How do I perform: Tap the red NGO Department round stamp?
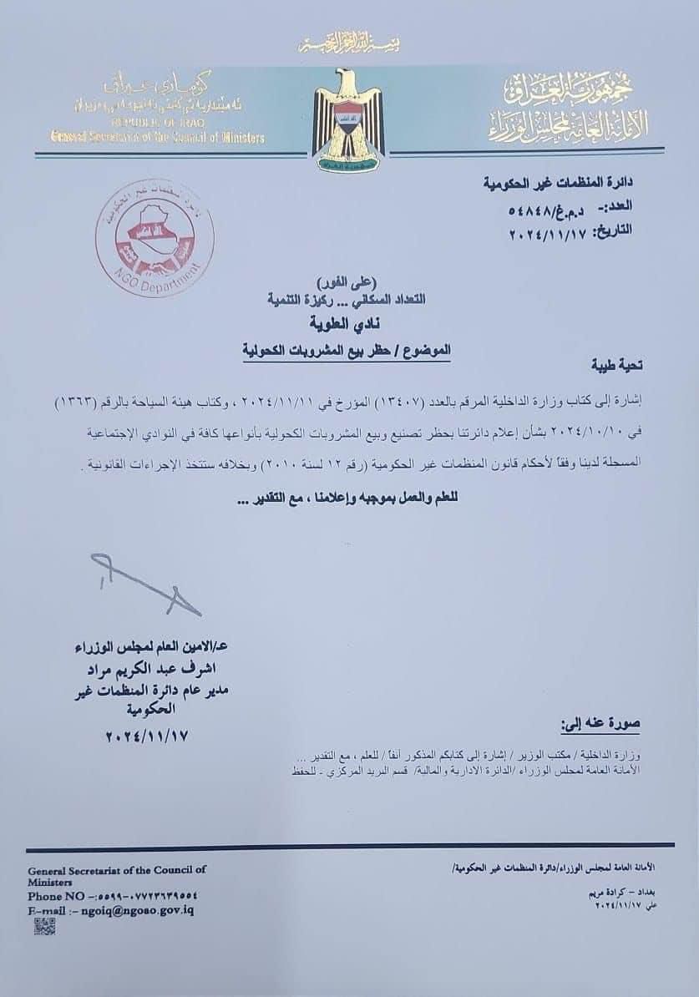point(154,240)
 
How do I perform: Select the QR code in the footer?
point(45,925)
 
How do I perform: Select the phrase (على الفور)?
point(348,281)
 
